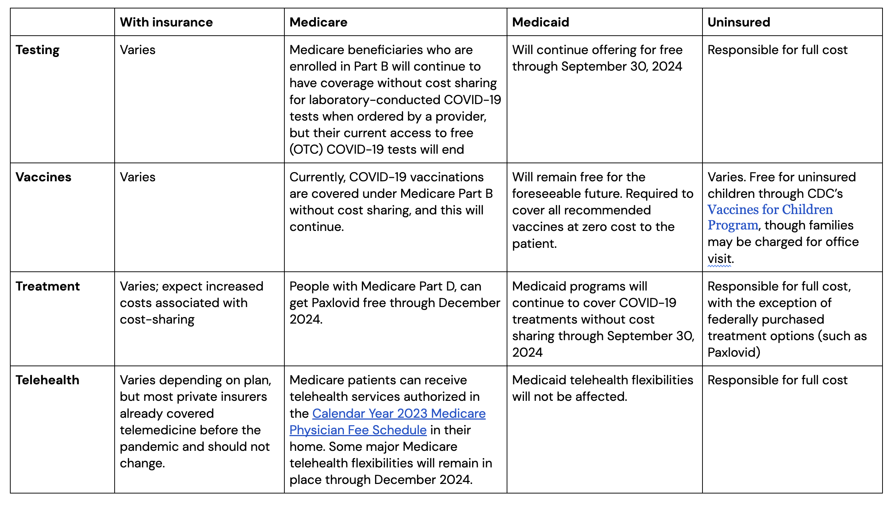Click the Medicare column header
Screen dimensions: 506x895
(x=318, y=22)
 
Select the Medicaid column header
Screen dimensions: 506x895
(x=540, y=22)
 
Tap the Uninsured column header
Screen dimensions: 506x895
(x=738, y=22)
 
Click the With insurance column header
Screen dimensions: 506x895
(x=166, y=22)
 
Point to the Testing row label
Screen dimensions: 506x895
(x=37, y=50)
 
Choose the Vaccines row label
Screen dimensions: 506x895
(x=43, y=177)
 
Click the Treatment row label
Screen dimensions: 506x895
(x=47, y=286)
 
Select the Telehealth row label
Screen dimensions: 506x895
(x=47, y=380)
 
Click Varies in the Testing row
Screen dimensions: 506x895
(x=137, y=50)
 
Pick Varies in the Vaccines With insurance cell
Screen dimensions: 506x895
(x=137, y=177)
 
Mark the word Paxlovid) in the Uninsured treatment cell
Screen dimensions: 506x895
(x=734, y=353)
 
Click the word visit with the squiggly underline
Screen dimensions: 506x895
(x=719, y=259)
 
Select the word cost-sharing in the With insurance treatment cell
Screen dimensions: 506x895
(x=157, y=320)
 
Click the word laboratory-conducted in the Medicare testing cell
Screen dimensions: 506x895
(x=374, y=100)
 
